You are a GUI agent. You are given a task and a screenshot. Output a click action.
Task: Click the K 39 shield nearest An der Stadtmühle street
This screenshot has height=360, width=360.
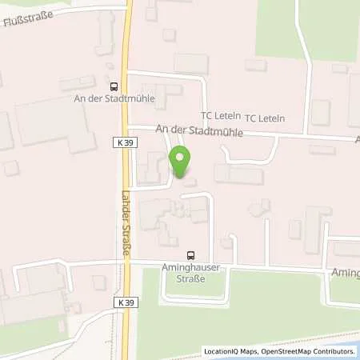coord(120,142)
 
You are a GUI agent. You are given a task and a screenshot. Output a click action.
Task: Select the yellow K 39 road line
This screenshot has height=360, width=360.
coord(128,48)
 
